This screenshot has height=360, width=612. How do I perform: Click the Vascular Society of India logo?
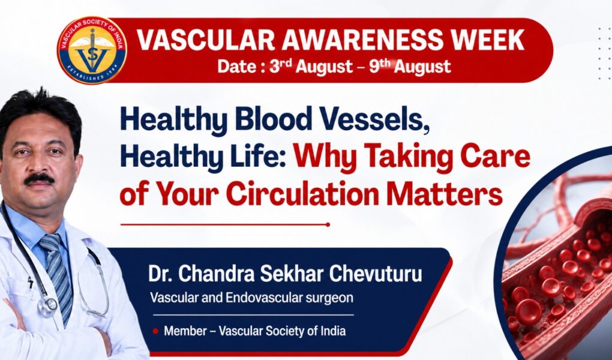pos(92,50)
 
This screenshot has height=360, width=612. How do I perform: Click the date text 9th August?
pos(410,66)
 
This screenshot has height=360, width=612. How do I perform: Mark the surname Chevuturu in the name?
pos(376,274)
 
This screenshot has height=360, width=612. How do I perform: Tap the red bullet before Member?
pos(155,331)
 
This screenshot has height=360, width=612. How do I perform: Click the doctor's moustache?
pos(39,179)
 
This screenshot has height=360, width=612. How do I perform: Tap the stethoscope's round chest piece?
pos(47,306)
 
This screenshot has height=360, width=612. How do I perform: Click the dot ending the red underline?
pos(328,224)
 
